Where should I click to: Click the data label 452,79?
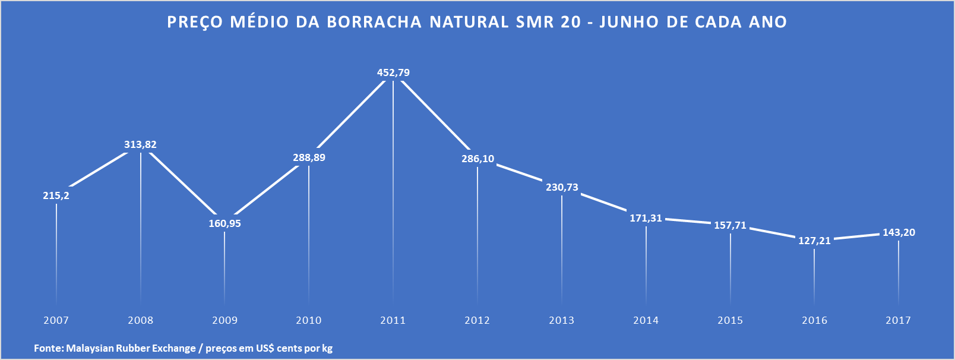(393, 73)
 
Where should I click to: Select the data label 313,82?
(140, 145)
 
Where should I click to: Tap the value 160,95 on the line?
(224, 224)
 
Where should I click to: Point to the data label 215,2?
(56, 195)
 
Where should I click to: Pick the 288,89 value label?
(309, 158)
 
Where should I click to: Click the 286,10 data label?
(477, 159)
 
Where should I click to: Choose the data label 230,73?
(562, 188)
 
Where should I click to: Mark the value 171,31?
(646, 219)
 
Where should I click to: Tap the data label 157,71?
(730, 226)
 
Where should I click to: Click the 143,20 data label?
(899, 233)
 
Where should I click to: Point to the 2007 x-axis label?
(56, 321)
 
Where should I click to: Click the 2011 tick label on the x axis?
(393, 321)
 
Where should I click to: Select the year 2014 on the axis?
(646, 321)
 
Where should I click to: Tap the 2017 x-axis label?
(898, 321)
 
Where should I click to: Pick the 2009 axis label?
(224, 321)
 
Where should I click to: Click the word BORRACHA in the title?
(374, 23)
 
